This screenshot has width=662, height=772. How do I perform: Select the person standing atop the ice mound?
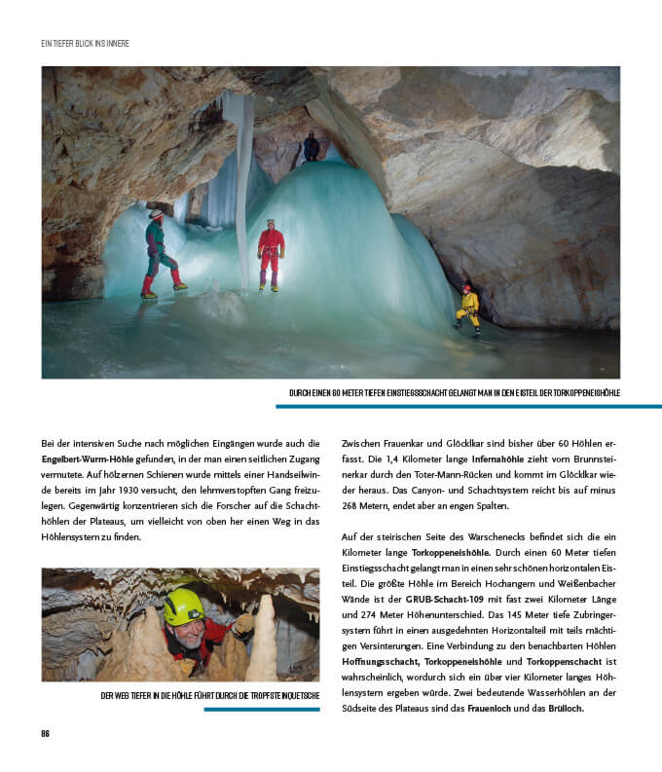coord(312,147)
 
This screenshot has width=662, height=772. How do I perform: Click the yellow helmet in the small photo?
coord(183,606)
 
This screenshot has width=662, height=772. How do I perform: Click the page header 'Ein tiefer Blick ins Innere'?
coord(86,44)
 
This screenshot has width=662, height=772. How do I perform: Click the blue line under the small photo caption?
coord(262,709)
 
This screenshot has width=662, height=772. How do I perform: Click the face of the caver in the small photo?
coord(191,627)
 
